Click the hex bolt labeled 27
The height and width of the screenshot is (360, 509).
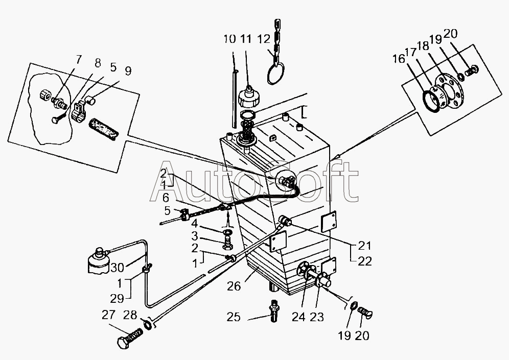tap(129, 338)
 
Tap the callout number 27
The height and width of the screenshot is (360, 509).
tap(108, 315)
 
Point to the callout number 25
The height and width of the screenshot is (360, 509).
tap(234, 317)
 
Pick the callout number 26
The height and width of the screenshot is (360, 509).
tap(234, 286)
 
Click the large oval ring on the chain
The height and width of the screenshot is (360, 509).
tap(276, 74)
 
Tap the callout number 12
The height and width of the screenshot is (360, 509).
tap(264, 39)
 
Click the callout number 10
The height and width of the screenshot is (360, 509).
tap(229, 39)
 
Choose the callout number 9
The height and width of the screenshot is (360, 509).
tap(128, 71)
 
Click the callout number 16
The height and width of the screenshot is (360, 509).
tap(399, 59)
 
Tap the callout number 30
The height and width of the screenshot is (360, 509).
tap(117, 268)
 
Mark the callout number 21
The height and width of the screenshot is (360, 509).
tap(364, 246)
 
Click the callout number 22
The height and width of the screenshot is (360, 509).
tap(364, 261)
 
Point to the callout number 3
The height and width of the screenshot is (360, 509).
tap(194, 236)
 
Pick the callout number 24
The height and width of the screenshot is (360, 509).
tap(298, 317)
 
